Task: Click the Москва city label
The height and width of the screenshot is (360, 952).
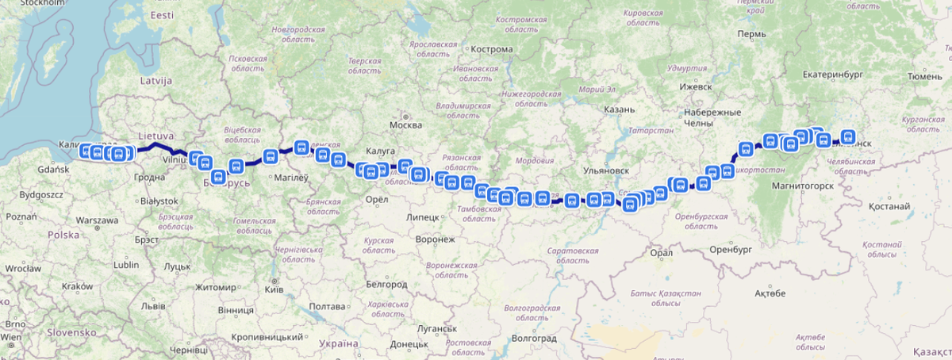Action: coord(406,125)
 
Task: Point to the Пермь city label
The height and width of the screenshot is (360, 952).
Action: coord(750,35)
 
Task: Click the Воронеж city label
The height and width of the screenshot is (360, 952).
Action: coord(436,239)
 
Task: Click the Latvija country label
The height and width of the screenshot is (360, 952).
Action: coord(156,81)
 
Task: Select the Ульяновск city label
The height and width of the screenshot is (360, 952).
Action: coord(605,170)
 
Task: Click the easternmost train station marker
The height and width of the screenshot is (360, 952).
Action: coord(848,136)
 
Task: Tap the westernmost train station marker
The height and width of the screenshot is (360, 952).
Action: coord(86,151)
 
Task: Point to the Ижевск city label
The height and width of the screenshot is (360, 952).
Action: coord(694,86)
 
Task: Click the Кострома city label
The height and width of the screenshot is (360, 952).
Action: coord(492,49)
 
